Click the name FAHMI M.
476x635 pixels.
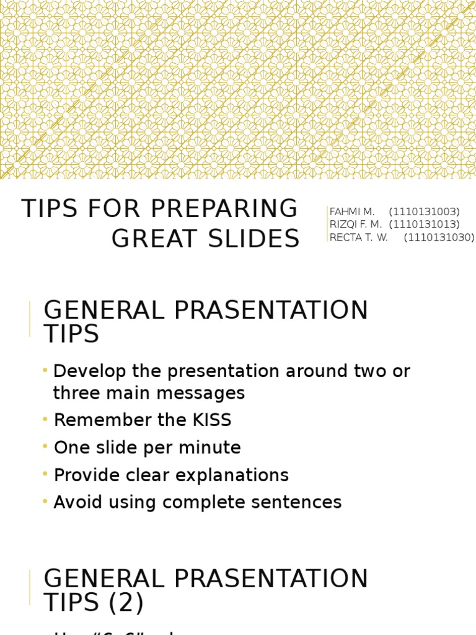click(352, 212)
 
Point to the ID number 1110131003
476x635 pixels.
click(425, 212)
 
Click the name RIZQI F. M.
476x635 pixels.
click(356, 224)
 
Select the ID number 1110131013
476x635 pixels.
click(425, 224)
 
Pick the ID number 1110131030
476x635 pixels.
click(439, 238)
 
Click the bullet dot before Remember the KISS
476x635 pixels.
click(45, 419)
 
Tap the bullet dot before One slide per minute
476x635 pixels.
click(45, 446)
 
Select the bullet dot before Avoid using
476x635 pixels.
click(45, 501)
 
